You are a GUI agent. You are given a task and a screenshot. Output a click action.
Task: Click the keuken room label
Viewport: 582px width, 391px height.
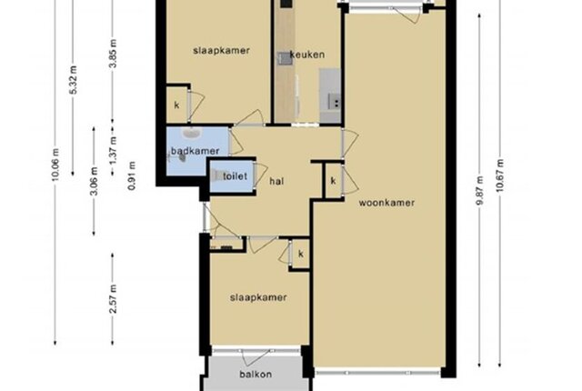point(307,55)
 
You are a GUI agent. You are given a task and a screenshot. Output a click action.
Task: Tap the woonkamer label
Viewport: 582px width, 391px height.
point(386,203)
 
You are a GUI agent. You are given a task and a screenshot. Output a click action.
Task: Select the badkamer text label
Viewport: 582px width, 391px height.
point(196,151)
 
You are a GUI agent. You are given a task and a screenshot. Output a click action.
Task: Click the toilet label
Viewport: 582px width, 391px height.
point(235,175)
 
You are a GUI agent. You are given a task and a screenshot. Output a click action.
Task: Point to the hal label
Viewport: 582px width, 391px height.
point(276,181)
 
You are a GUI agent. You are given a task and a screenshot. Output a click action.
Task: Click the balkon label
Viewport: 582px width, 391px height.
point(256,374)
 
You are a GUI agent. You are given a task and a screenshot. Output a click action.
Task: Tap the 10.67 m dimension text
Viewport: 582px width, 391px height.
point(500,175)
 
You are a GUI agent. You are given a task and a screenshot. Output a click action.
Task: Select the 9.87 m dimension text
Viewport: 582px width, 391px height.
point(480,190)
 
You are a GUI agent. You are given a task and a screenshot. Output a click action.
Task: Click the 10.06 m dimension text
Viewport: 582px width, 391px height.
point(55,165)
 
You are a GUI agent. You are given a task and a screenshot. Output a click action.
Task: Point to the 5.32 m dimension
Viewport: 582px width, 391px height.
point(74,80)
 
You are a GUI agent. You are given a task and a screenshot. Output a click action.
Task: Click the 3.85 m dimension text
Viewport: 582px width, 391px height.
point(113,54)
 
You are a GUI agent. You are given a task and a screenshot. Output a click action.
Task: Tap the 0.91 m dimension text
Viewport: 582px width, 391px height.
point(132,175)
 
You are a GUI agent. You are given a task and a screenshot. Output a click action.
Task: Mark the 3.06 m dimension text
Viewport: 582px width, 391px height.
point(95,181)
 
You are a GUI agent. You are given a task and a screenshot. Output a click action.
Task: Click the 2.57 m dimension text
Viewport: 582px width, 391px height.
point(113,299)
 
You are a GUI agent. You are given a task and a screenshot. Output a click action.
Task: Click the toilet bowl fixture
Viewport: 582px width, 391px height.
point(217,175)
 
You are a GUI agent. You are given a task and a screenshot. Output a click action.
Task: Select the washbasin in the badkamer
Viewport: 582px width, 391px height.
point(192,133)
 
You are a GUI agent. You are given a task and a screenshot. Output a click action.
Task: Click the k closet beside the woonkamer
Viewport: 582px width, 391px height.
point(334,181)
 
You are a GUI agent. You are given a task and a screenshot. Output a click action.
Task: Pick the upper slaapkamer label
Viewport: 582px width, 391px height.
point(221,50)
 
